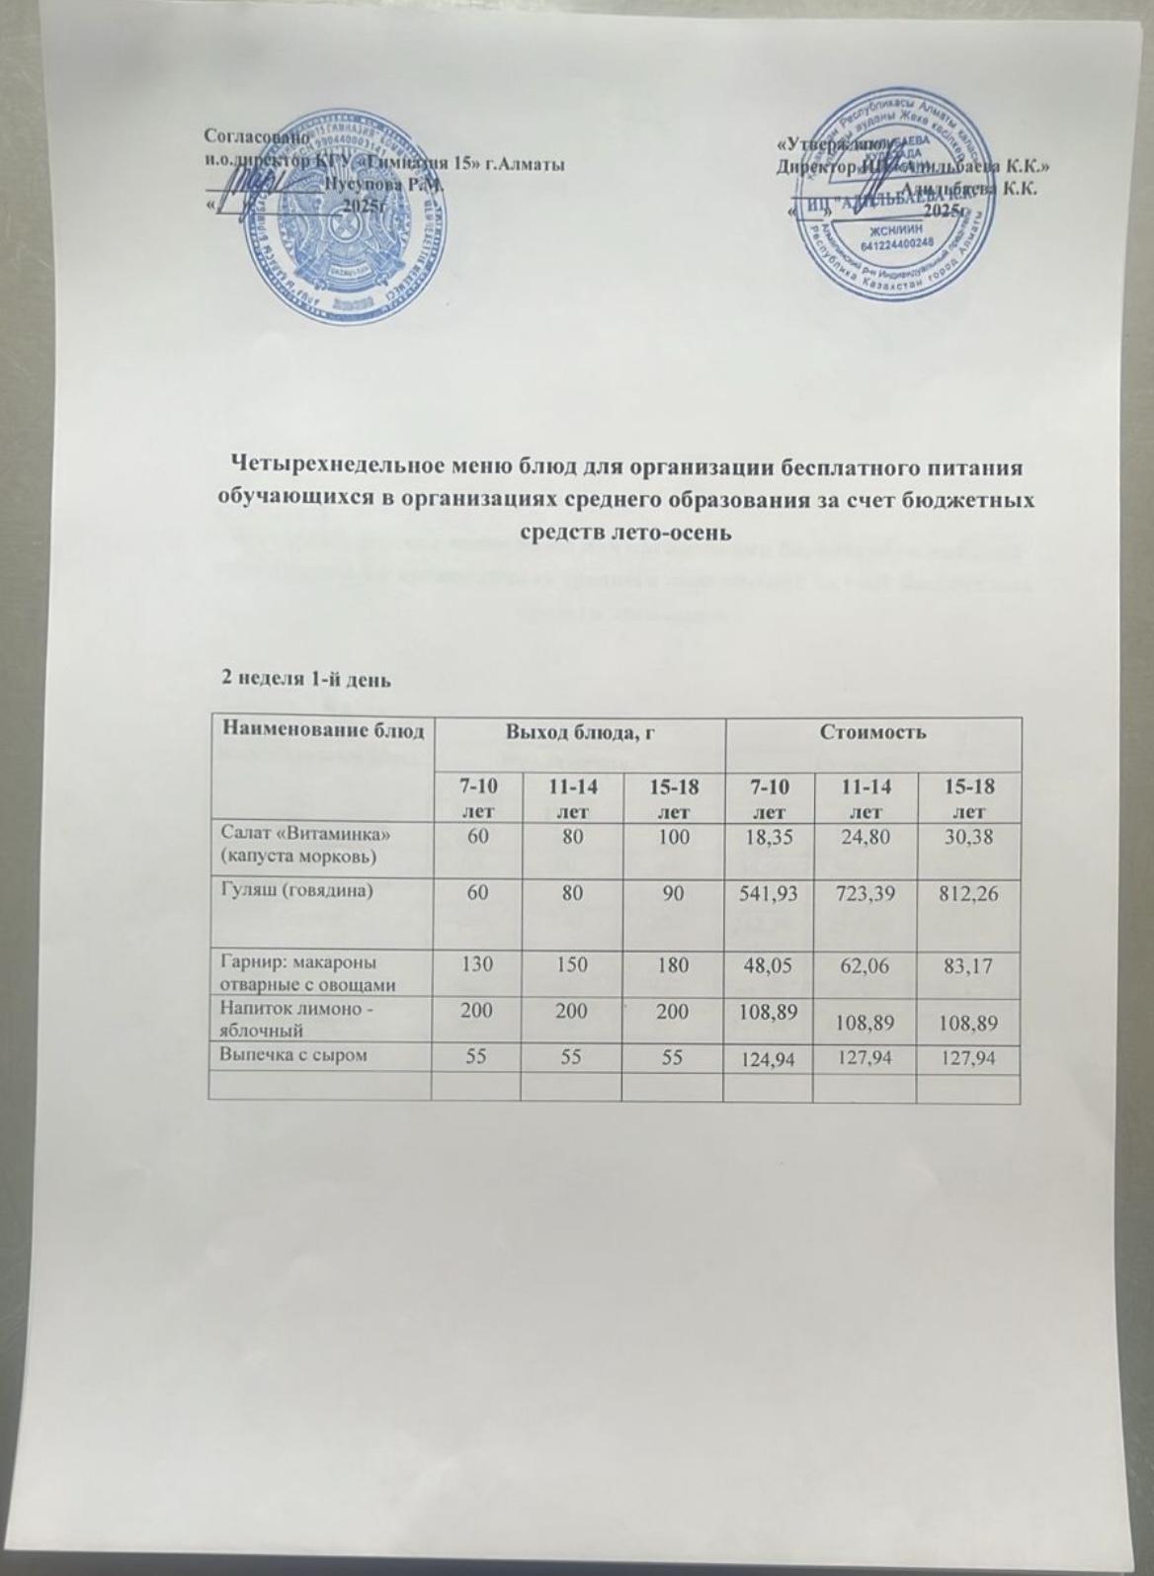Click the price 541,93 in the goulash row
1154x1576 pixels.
[x=769, y=891]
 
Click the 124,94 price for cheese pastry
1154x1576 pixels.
[x=769, y=1058]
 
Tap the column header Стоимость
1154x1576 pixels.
[x=872, y=732]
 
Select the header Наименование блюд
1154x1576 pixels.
[x=323, y=732]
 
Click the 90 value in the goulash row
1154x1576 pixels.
[x=672, y=891]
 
